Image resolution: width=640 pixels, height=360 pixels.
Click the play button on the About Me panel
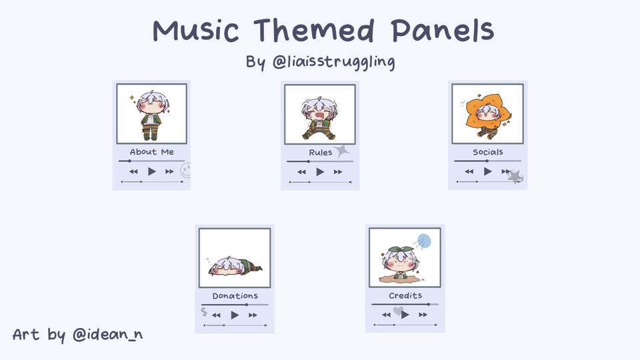152,171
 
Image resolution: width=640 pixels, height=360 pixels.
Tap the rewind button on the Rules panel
301,172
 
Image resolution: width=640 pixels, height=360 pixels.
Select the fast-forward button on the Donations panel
253,315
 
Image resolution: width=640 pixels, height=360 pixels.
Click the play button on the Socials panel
488,171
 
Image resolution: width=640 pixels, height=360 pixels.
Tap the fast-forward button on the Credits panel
423,315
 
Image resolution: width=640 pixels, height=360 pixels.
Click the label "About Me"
152,152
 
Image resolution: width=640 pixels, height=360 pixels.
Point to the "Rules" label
321,153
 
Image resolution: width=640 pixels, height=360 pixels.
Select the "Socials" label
488,152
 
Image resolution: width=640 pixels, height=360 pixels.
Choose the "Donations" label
235,296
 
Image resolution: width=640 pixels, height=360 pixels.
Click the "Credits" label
405,295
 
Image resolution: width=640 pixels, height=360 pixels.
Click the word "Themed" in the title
314,31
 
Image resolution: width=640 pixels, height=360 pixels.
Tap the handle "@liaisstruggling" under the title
333,62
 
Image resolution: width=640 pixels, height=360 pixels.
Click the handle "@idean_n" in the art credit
108,334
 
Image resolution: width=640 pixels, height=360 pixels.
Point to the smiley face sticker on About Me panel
186,171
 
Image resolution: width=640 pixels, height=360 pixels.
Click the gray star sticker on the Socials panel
515,177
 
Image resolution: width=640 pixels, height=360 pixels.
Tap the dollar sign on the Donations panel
204,312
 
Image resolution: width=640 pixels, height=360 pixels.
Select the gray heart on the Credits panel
399,311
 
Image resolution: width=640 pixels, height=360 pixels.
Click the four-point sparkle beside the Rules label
342,151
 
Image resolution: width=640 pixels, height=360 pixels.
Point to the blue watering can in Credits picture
423,241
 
